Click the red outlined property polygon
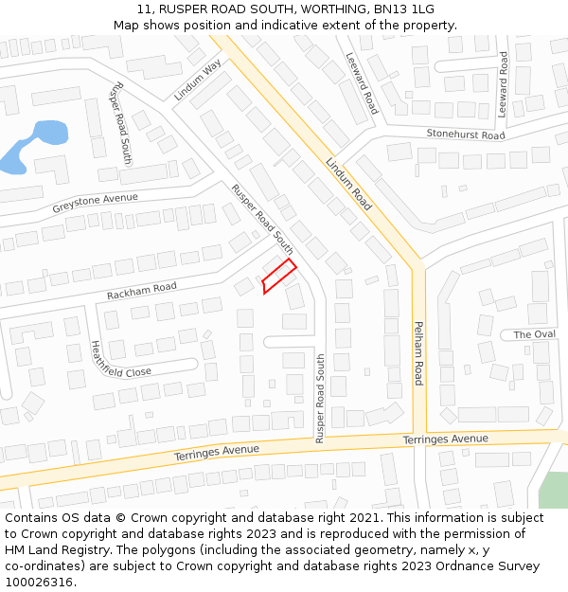point(278,276)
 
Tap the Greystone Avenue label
point(95,202)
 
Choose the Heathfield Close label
point(120,359)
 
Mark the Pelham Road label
point(417,352)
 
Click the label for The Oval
point(534,334)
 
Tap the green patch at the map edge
point(554,490)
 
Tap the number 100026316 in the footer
point(39,583)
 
